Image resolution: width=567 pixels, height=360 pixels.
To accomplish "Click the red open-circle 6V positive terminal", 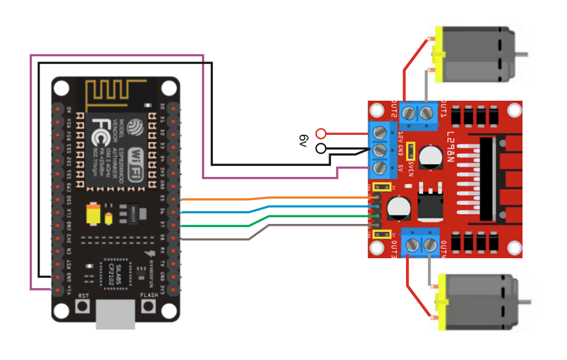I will pyautogui.click(x=321, y=134).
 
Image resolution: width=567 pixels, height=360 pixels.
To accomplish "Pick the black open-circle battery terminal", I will pyautogui.click(x=321, y=148).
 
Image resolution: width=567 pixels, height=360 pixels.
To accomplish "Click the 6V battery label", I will pyautogui.click(x=304, y=140).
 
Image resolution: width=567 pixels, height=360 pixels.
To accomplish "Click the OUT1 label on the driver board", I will pyautogui.click(x=443, y=113).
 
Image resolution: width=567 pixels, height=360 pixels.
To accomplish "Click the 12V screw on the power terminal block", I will pyautogui.click(x=380, y=132).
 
